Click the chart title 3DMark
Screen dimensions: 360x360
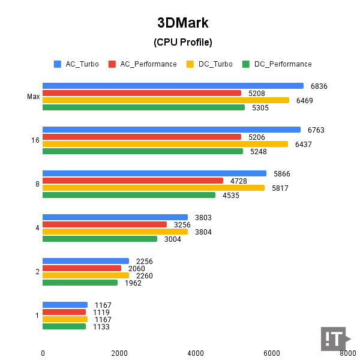183,23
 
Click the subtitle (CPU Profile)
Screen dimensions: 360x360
183,42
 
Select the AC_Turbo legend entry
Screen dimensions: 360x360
77,64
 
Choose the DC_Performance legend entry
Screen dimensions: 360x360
277,64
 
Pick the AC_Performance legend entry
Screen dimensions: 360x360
143,64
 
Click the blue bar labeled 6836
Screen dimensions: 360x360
173,86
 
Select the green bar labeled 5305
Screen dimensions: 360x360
143,107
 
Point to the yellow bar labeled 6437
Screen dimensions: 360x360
165,144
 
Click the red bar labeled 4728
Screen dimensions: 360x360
133,181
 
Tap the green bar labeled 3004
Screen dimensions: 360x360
100,239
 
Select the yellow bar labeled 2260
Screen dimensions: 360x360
86,275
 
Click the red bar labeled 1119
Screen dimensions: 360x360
64,312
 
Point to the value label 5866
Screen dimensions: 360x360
281,173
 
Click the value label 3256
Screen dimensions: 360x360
182,224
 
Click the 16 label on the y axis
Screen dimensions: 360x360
35,140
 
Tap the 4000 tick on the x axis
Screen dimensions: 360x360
196,353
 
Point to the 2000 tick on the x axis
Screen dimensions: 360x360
119,353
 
